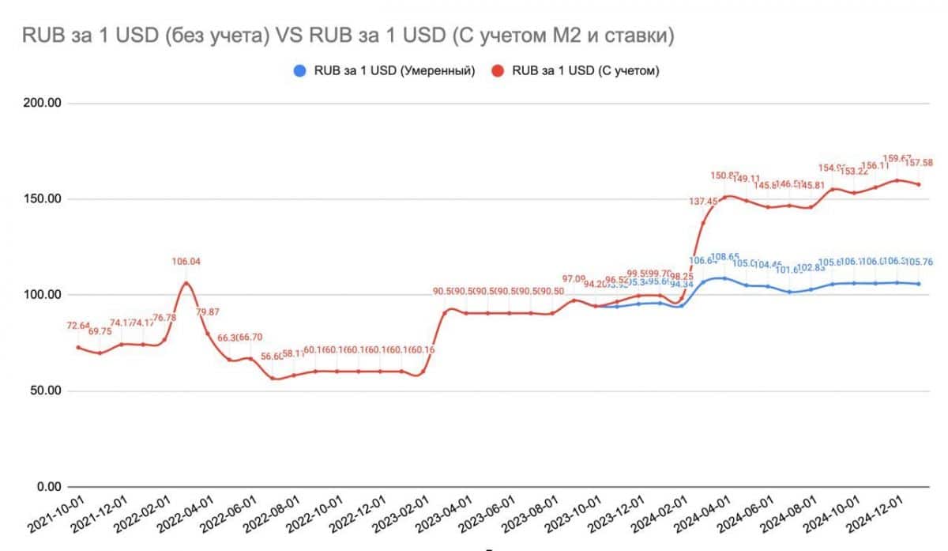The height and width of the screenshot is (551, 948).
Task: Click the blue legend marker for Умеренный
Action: tap(299, 70)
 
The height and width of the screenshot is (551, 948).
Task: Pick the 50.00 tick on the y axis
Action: tap(46, 391)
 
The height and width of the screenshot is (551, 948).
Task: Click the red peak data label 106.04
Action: tap(186, 262)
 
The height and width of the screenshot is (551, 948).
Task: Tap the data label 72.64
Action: tap(77, 325)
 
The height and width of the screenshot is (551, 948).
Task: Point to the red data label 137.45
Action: tap(703, 202)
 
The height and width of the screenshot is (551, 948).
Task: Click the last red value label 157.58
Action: tap(918, 163)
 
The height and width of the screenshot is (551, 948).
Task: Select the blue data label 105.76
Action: tap(919, 262)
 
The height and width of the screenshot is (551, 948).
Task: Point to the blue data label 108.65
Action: tap(724, 257)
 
